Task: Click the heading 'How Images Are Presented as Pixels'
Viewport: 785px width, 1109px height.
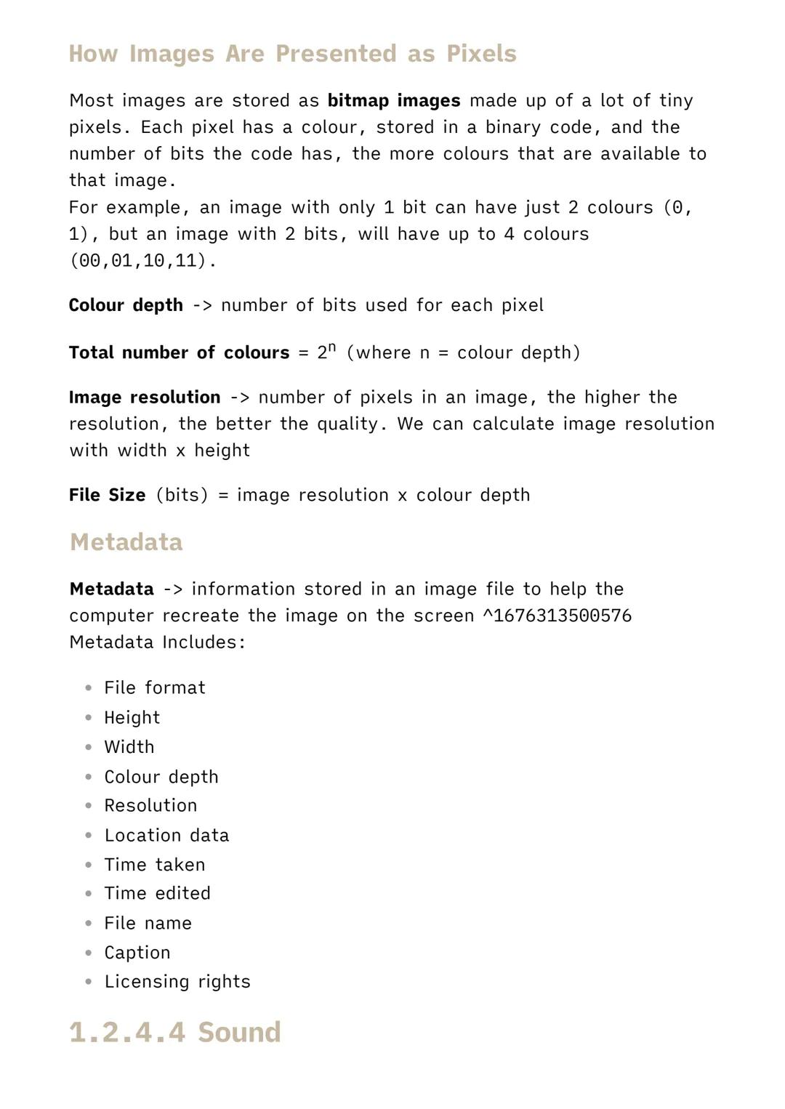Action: pos(292,54)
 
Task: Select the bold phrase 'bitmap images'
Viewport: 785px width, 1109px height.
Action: pos(394,100)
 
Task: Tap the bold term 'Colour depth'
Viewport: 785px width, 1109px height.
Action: pos(126,305)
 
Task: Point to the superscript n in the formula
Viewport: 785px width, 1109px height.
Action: pos(331,347)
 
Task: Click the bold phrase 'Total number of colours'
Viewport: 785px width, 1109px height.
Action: pos(179,352)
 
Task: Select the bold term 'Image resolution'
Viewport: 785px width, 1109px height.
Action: pos(145,398)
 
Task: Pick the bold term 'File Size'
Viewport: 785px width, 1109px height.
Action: pos(107,495)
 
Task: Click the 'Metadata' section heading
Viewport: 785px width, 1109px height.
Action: pos(126,542)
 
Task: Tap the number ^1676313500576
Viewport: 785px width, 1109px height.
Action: pos(557,616)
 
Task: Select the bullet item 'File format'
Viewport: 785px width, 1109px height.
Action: pos(155,687)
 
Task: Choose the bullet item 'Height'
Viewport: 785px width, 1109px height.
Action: pos(132,717)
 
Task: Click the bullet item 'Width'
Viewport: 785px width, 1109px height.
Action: pos(129,747)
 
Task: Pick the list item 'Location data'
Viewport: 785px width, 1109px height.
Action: pos(166,835)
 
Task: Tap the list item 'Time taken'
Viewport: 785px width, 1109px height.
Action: pos(155,865)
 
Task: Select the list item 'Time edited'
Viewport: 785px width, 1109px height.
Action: pos(157,893)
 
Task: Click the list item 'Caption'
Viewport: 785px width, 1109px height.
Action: pos(137,953)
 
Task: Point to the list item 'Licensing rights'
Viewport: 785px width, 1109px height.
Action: pos(177,982)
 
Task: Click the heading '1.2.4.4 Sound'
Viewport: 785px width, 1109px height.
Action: pos(174,1032)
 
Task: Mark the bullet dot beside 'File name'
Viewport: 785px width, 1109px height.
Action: pos(89,924)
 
